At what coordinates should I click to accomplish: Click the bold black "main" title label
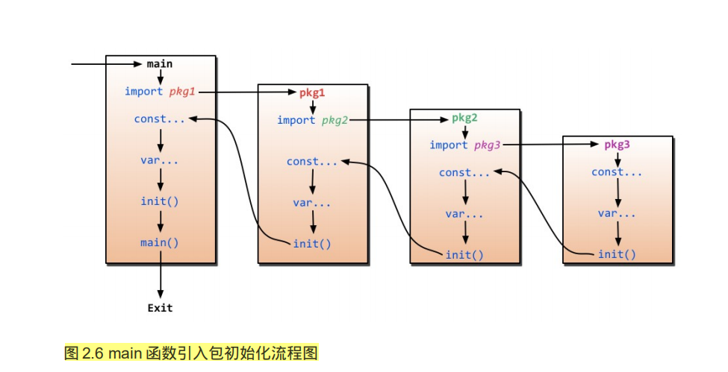tap(160, 63)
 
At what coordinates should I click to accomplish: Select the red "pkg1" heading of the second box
tap(312, 92)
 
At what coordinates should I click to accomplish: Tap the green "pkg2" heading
tap(464, 119)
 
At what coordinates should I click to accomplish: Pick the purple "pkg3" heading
tap(617, 145)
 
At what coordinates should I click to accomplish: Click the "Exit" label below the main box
tap(160, 307)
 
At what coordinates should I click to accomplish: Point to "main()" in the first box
tap(160, 242)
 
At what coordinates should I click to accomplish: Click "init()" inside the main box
tap(160, 201)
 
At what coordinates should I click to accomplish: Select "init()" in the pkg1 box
tap(312, 243)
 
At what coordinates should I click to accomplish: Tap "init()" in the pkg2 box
tap(464, 254)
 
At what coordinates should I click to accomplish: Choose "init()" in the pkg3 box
tap(617, 254)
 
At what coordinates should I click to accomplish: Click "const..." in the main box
tap(160, 119)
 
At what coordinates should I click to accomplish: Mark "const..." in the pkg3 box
tap(617, 172)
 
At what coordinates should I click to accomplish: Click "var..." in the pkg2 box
tap(464, 214)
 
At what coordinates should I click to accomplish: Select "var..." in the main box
tap(160, 160)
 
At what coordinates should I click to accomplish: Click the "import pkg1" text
tap(160, 92)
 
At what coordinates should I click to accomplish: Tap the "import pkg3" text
tap(464, 145)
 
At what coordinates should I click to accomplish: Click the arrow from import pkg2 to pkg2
tap(399, 119)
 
